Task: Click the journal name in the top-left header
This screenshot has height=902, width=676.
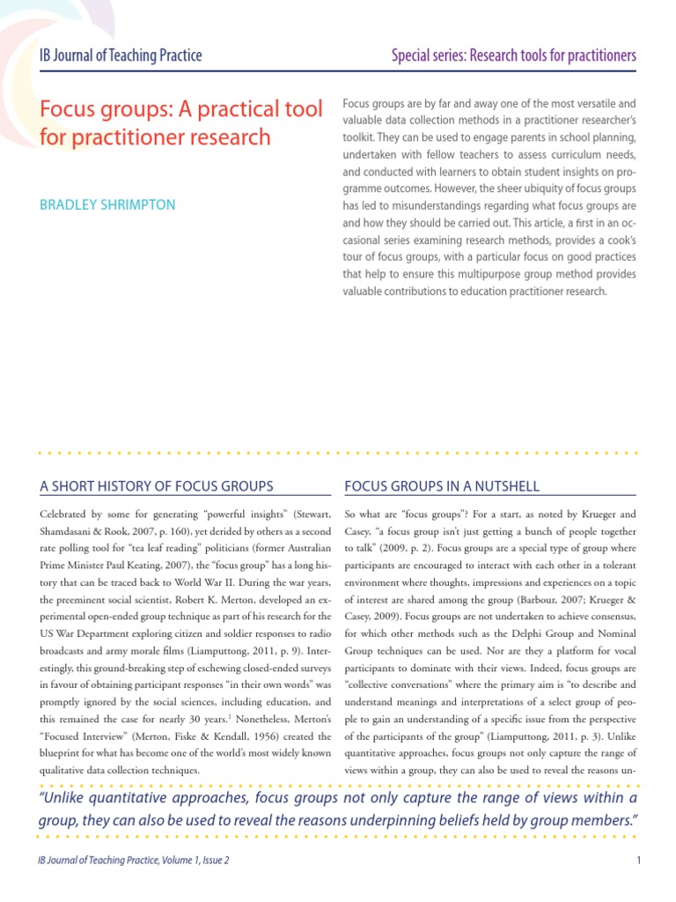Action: [x=121, y=56]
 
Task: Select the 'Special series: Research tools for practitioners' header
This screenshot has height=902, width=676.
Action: [x=514, y=56]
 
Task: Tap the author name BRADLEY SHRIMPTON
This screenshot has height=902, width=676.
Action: [x=108, y=204]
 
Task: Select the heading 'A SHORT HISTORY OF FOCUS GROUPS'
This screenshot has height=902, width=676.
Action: [x=158, y=486]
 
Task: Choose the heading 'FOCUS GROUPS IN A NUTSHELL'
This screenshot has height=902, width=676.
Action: [x=442, y=486]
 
